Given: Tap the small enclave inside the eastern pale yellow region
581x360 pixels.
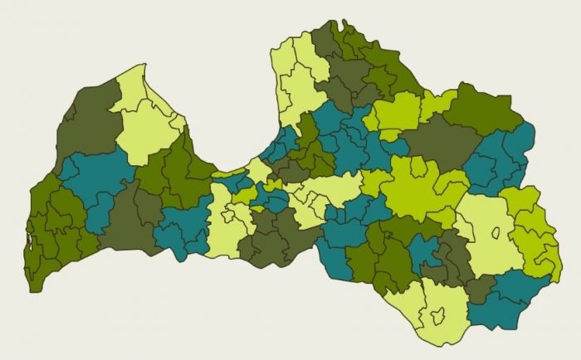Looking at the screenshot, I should [x=496, y=233].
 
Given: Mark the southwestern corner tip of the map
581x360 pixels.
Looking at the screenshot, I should [x=32, y=291].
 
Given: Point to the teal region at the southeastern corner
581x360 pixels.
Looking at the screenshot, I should [x=502, y=303].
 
